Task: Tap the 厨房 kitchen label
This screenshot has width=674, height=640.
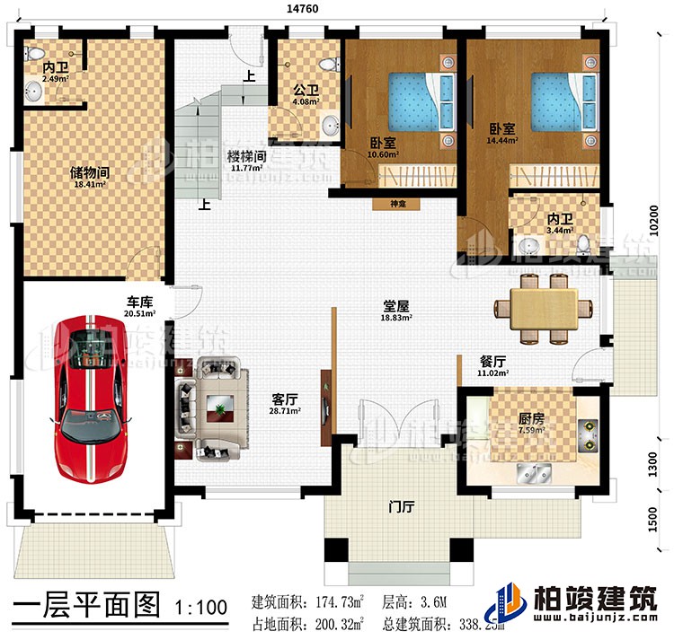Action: coord(505,418)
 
